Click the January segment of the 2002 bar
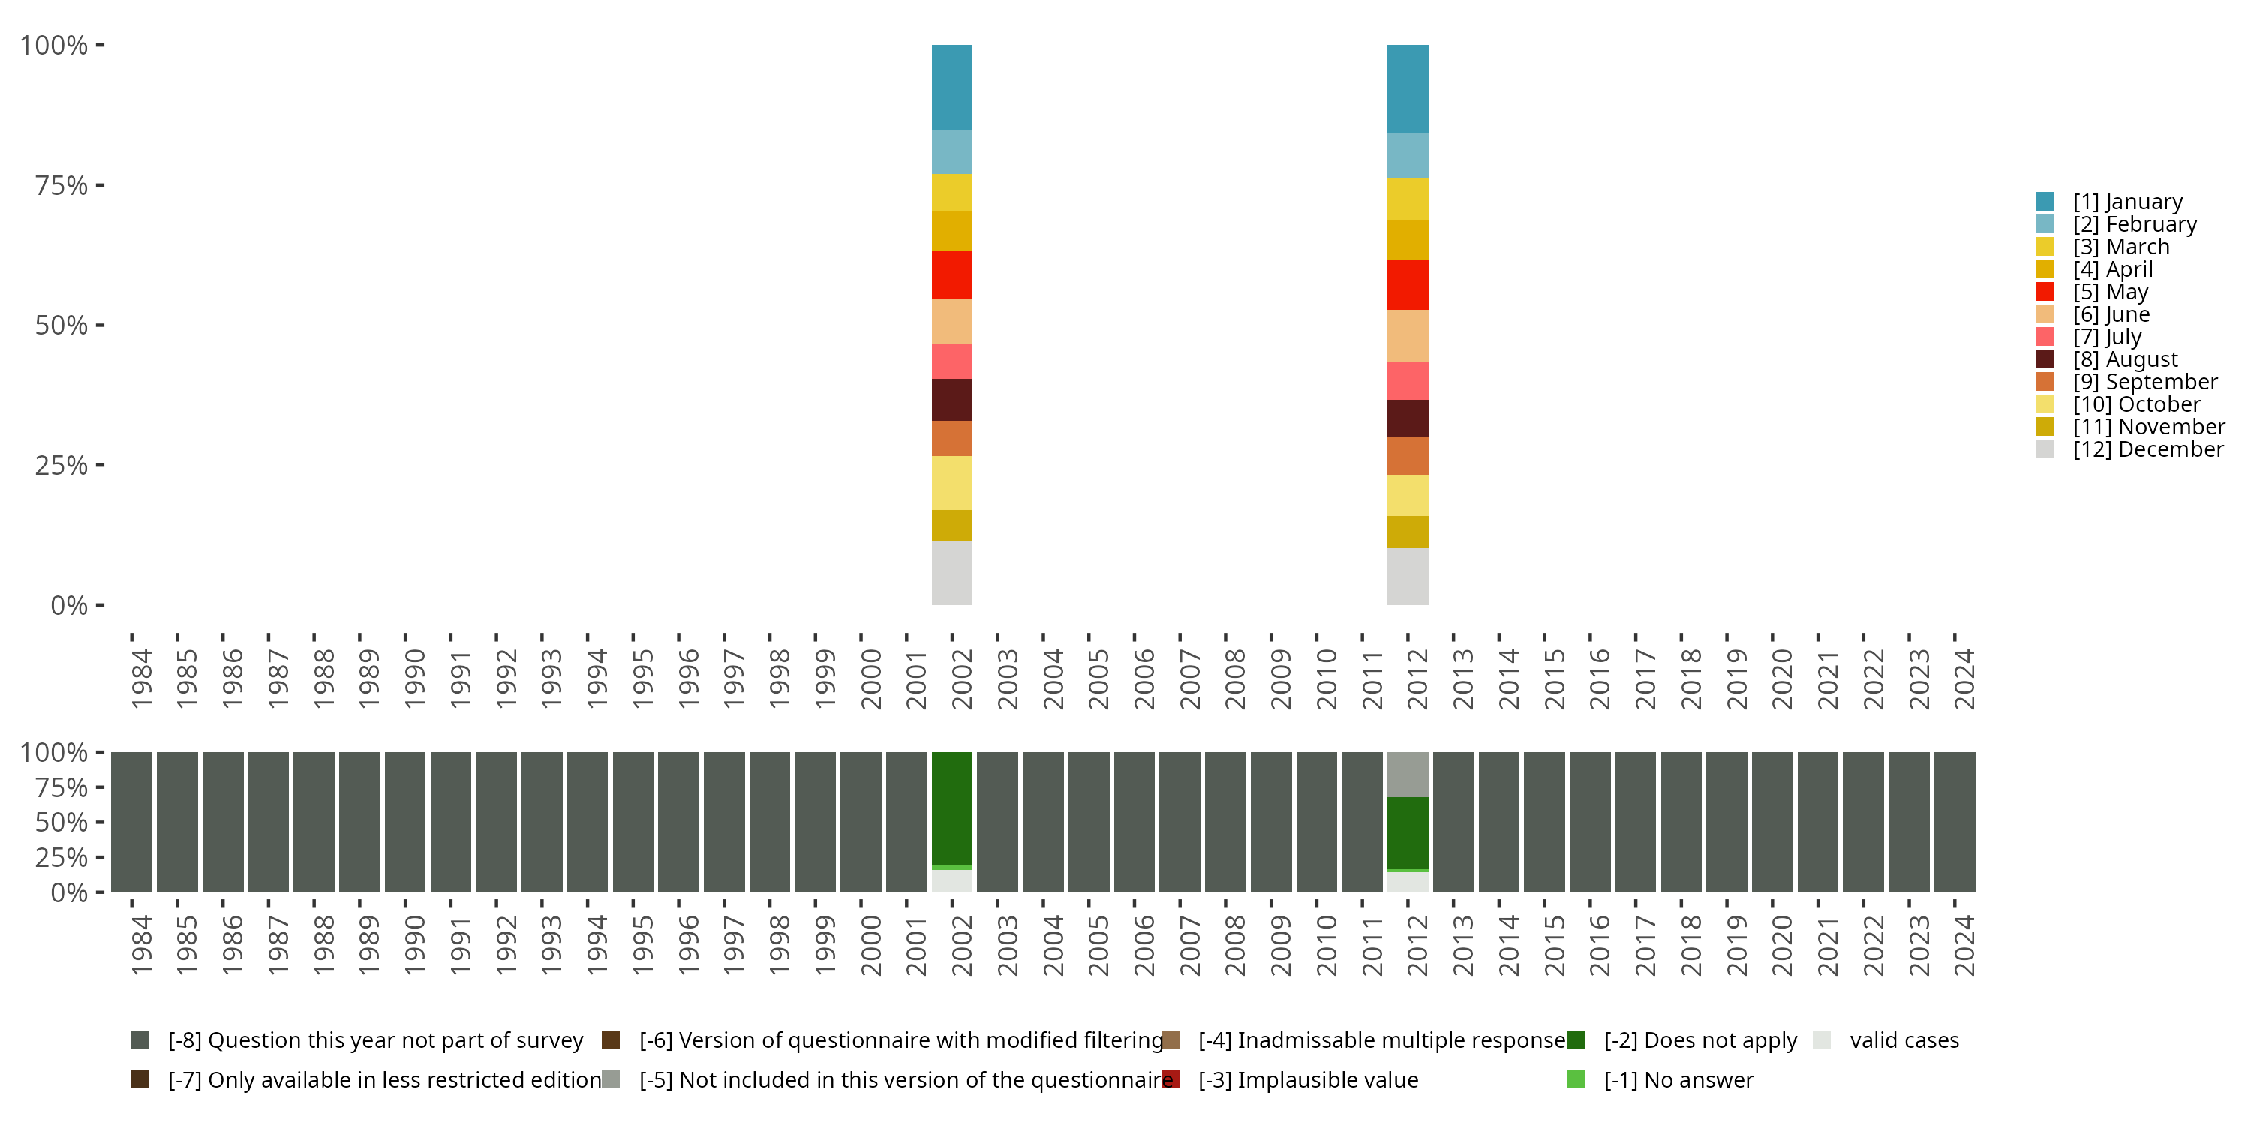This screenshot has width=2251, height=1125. tap(951, 87)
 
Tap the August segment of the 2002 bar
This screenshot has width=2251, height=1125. tap(951, 399)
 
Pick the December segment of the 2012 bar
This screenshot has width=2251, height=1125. tap(1408, 577)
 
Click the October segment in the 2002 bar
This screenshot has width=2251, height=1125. tap(951, 482)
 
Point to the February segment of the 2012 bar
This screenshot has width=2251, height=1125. tap(1408, 155)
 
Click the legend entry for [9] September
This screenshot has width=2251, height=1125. tap(2144, 382)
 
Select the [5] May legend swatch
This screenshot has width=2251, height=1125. tap(2045, 292)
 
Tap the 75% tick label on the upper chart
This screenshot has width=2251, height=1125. tap(62, 185)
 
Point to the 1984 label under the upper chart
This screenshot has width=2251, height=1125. tap(141, 679)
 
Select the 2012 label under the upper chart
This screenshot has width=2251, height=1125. tap(1417, 679)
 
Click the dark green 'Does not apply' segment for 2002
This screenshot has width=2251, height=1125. tap(951, 808)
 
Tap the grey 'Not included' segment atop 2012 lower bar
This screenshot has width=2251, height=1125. tap(1408, 774)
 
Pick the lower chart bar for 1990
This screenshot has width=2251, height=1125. tap(405, 822)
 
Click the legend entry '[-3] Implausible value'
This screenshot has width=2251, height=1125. tap(1307, 1079)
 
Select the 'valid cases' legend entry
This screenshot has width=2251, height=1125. tap(1903, 1040)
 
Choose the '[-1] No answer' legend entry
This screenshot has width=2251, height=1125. tap(1678, 1079)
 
